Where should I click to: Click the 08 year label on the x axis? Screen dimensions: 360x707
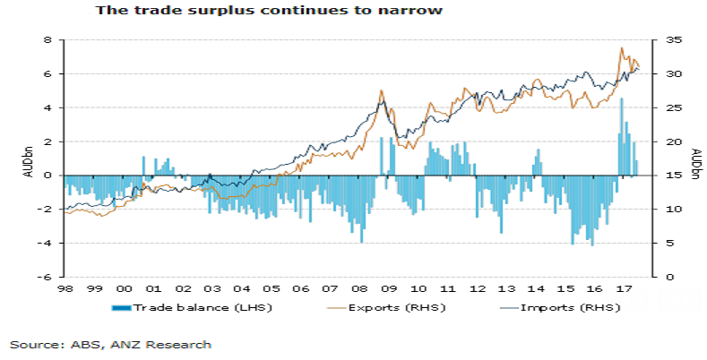tap(359, 289)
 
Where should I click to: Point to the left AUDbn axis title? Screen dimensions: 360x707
tap(29, 159)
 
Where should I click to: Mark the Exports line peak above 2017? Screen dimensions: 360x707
tap(622, 48)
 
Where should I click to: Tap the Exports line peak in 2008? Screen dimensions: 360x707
tap(382, 90)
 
